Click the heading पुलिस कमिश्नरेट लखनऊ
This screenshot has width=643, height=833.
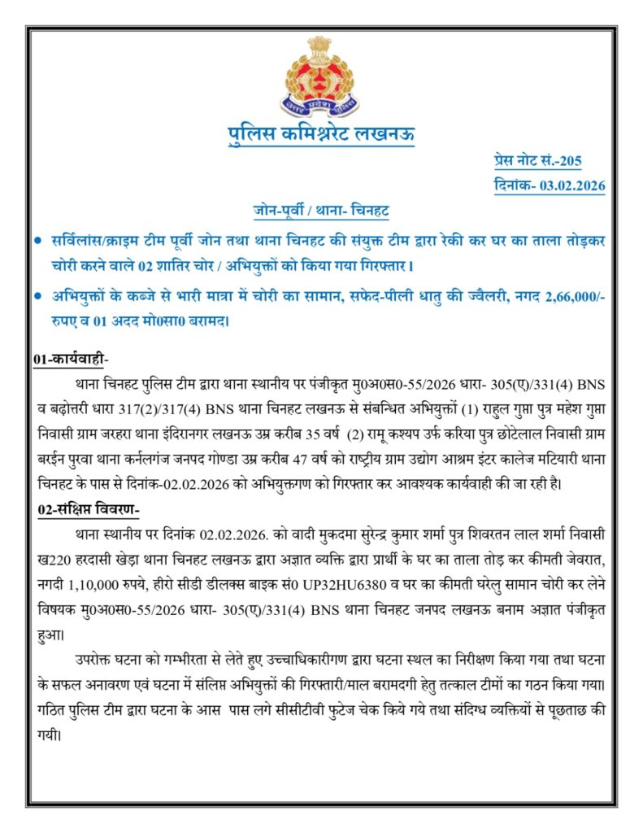point(321,135)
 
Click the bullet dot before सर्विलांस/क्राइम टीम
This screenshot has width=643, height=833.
point(38,243)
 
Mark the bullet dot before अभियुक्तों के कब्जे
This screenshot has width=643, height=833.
point(38,299)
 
